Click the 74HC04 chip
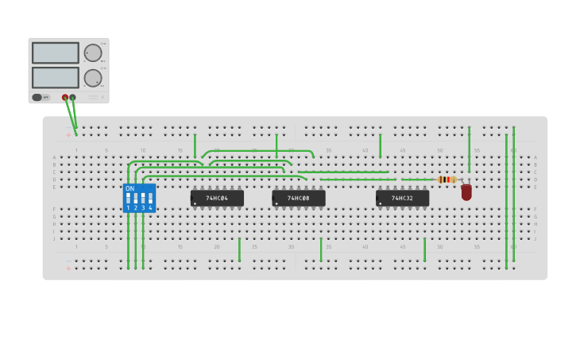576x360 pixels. pyautogui.click(x=217, y=198)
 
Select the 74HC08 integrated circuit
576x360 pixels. pyautogui.click(x=299, y=198)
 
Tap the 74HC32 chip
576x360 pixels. pyautogui.click(x=402, y=198)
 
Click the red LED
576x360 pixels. pyautogui.click(x=466, y=192)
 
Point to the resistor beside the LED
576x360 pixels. pyautogui.click(x=446, y=180)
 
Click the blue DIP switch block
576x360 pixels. pyautogui.click(x=139, y=198)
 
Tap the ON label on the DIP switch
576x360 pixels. pyautogui.click(x=130, y=188)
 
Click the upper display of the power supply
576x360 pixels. pyautogui.click(x=56, y=53)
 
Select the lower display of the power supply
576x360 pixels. pyautogui.click(x=56, y=78)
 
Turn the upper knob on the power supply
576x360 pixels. pyautogui.click(x=93, y=53)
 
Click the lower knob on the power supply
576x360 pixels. pyautogui.click(x=93, y=78)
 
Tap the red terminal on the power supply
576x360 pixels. pyautogui.click(x=65, y=98)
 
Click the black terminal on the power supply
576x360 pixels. pyautogui.click(x=73, y=98)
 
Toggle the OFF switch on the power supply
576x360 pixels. pyautogui.click(x=38, y=98)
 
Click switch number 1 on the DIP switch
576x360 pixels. pyautogui.click(x=128, y=198)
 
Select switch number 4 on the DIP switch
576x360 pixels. pyautogui.click(x=150, y=198)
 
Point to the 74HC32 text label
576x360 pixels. pyautogui.click(x=402, y=198)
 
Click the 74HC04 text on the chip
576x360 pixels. pyautogui.click(x=217, y=198)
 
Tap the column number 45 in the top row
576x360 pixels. pyautogui.click(x=403, y=150)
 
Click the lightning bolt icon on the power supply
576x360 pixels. pyautogui.click(x=102, y=98)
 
